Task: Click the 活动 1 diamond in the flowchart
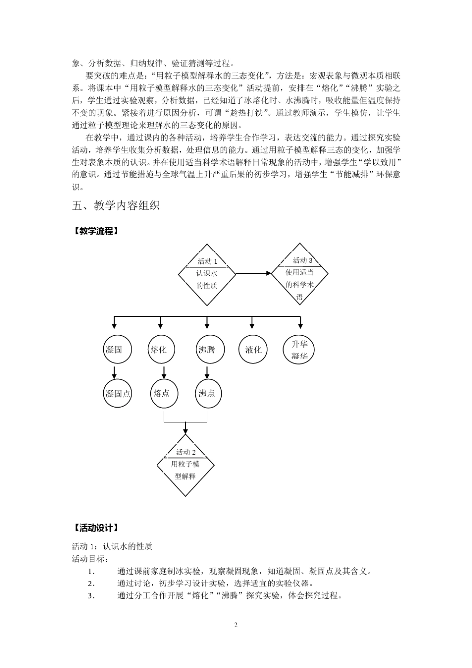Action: (207, 274)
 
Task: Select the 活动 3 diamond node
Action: (300, 273)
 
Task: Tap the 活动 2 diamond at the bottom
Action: (185, 465)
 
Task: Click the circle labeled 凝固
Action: (114, 350)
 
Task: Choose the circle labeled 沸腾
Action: (207, 350)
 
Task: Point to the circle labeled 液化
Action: (253, 350)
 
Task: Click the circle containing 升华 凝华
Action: (300, 350)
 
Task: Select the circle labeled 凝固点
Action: (118, 394)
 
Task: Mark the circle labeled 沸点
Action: (207, 394)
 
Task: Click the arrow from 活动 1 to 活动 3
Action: (253, 273)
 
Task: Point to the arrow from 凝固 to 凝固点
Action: (114, 372)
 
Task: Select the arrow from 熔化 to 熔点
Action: (164, 372)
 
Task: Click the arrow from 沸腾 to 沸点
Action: (207, 372)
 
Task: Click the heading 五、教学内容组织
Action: (116, 205)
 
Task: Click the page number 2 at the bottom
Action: (236, 625)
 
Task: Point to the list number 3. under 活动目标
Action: (91, 596)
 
